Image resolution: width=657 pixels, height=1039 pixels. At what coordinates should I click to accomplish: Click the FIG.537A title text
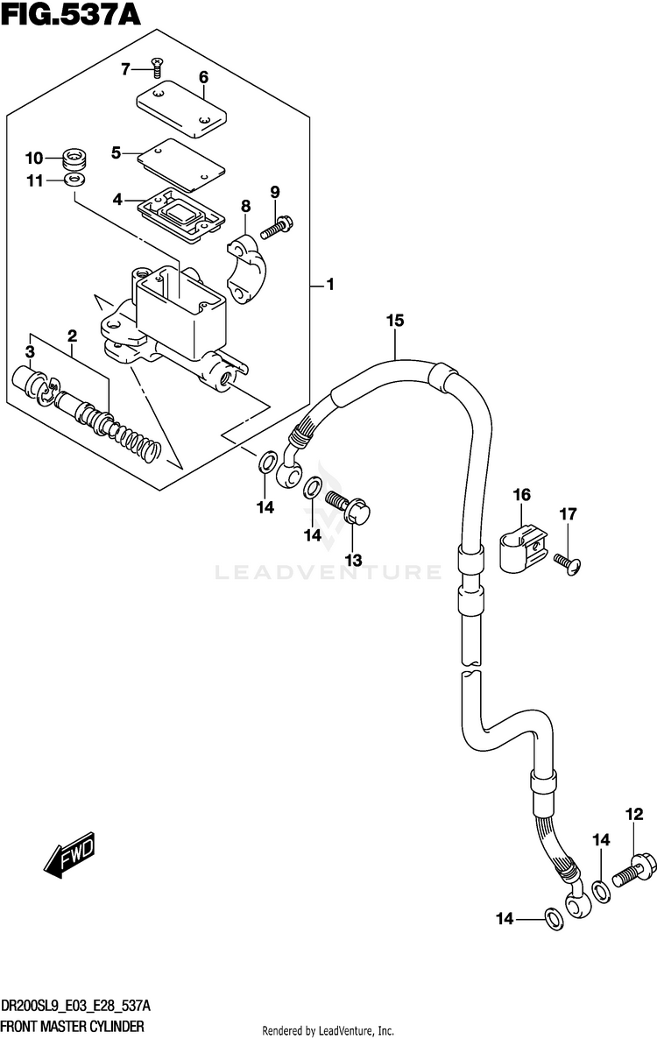71,14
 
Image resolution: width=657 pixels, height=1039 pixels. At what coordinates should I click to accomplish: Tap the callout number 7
125,69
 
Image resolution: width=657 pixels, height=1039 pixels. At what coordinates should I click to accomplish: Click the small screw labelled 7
157,65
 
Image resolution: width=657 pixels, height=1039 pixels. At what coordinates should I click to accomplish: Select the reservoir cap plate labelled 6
182,110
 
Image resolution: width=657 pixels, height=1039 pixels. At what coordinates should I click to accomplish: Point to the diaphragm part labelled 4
181,212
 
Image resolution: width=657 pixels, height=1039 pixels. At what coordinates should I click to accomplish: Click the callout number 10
34,159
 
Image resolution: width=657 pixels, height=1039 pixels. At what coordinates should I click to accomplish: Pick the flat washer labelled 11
74,180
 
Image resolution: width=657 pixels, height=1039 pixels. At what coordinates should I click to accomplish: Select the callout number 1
329,285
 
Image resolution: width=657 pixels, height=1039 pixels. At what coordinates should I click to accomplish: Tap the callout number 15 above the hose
395,321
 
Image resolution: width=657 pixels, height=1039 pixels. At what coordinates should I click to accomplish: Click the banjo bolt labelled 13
348,508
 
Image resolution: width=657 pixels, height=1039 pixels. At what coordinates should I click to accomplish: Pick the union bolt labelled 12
634,870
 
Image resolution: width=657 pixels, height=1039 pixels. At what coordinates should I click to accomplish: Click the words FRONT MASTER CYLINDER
72,1027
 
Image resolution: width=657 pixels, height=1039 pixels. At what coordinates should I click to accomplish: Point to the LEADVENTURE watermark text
328,571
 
